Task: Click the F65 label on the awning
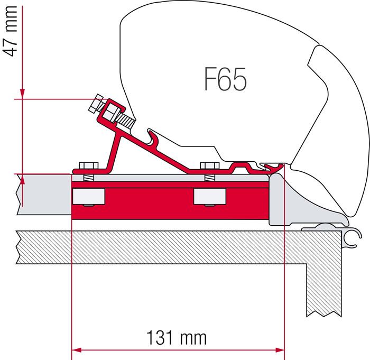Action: point(225,79)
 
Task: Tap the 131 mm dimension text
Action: point(177,338)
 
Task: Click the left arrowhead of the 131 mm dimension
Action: point(77,350)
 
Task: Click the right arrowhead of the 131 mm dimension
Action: point(280,350)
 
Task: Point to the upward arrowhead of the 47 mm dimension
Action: point(22,179)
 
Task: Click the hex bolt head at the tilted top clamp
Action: point(96,103)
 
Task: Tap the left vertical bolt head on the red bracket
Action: point(89,165)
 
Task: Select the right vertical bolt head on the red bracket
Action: point(209,165)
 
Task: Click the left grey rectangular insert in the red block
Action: point(89,197)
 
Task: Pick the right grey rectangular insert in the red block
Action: point(209,197)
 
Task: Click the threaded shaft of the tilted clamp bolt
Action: point(125,120)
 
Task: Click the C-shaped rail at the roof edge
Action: point(352,238)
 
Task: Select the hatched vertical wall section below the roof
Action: point(324,290)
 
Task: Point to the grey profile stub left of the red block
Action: point(44,195)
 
